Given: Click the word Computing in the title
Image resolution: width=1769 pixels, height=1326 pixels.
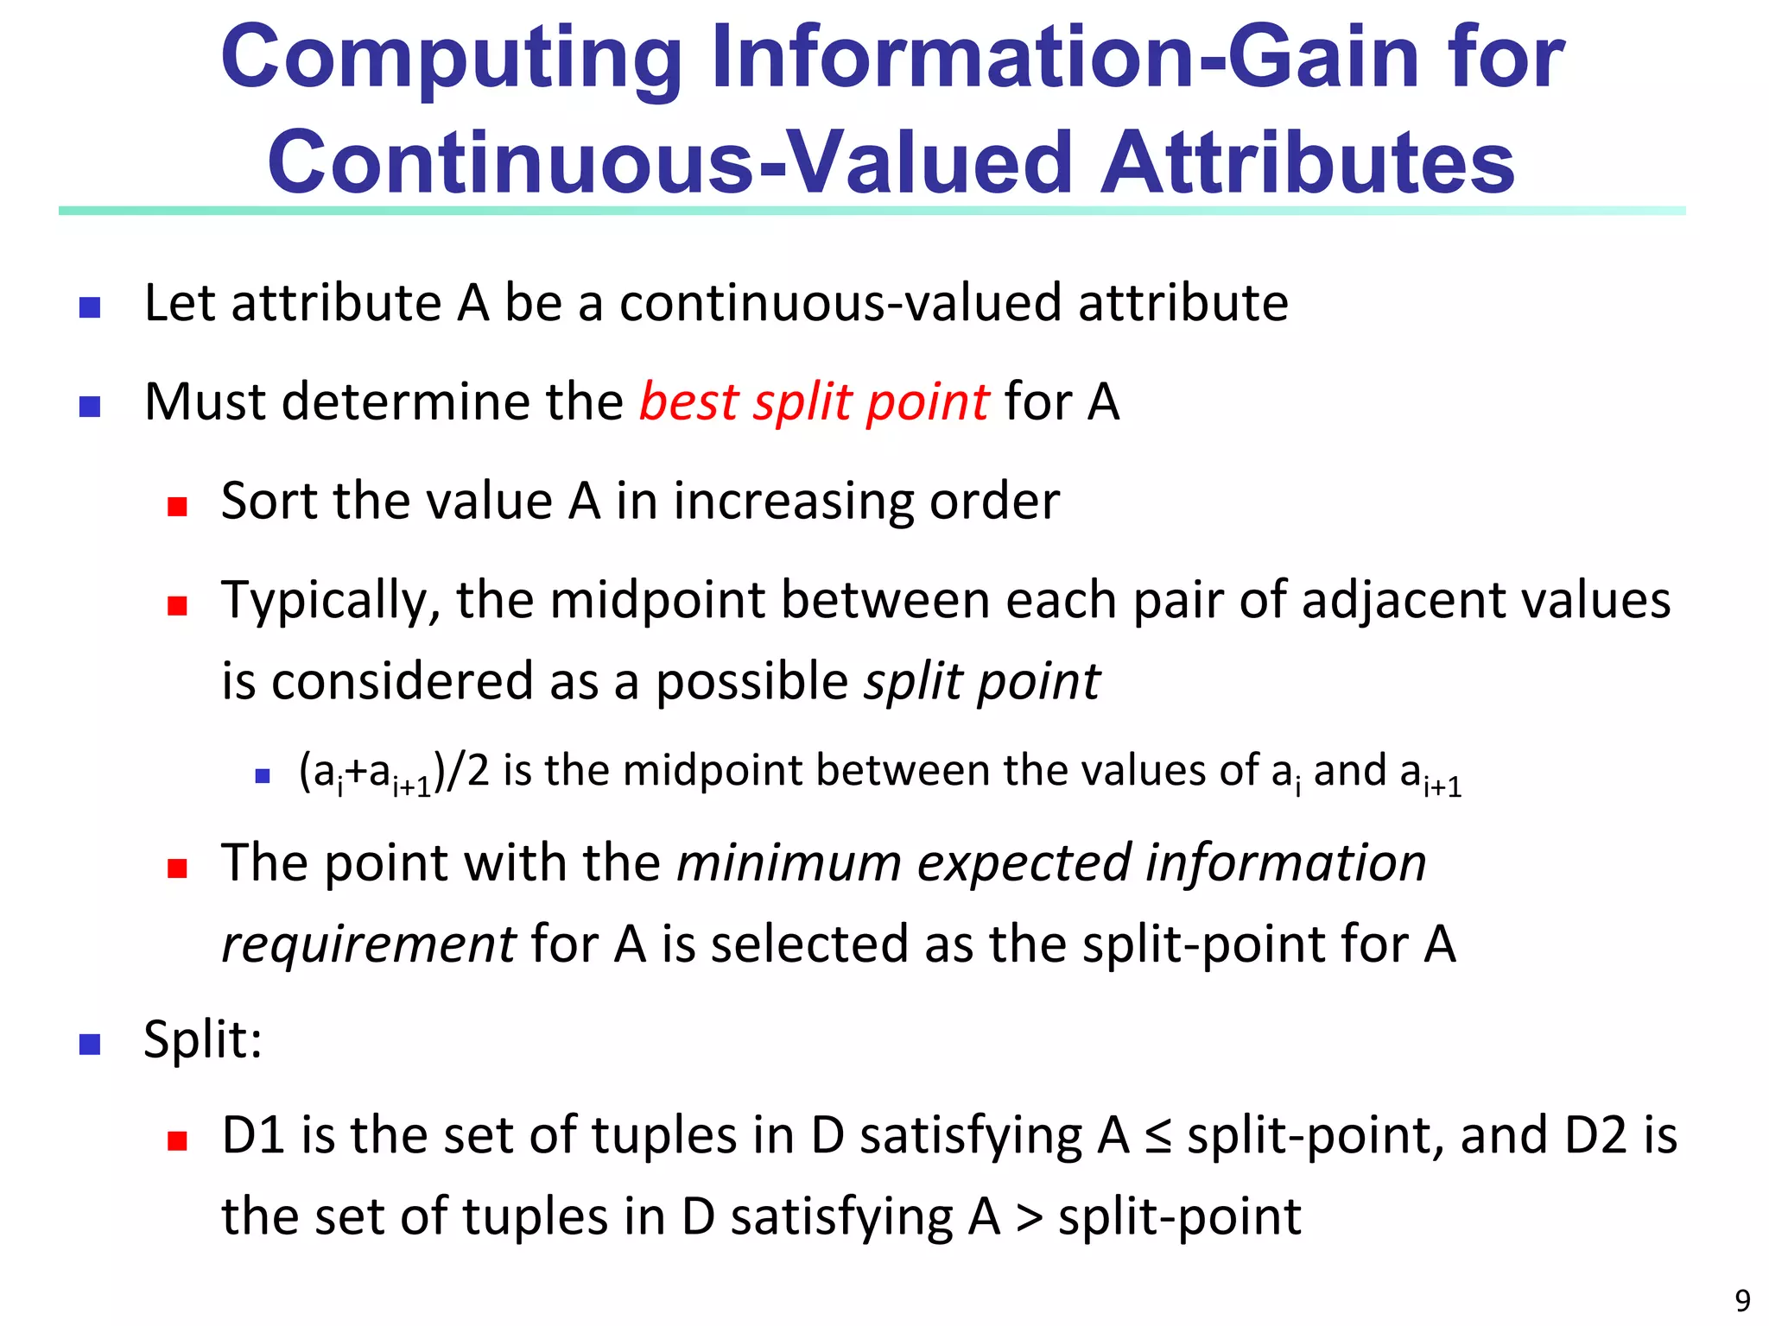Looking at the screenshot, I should coord(452,59).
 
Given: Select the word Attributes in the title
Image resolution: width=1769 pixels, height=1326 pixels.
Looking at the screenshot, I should coord(1307,162).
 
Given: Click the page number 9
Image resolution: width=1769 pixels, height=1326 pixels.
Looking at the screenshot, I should coord(1742,1300).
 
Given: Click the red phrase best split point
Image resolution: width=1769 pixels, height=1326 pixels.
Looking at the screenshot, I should coord(814,402).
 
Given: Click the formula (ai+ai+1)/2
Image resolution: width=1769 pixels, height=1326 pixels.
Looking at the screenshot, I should coord(393,772).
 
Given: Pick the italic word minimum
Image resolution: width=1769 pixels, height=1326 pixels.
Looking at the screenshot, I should coord(789,862).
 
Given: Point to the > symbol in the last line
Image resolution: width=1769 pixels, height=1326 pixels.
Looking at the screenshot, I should coord(1028,1217).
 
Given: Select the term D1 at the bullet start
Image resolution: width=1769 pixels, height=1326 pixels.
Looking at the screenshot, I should coord(253,1135).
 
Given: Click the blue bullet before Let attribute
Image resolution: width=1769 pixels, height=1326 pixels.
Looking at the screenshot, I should coord(90,307).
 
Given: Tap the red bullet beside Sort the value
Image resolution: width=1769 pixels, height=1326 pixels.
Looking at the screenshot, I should coord(178,506).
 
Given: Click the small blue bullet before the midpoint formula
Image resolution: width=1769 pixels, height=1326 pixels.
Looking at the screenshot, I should coord(263,776).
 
